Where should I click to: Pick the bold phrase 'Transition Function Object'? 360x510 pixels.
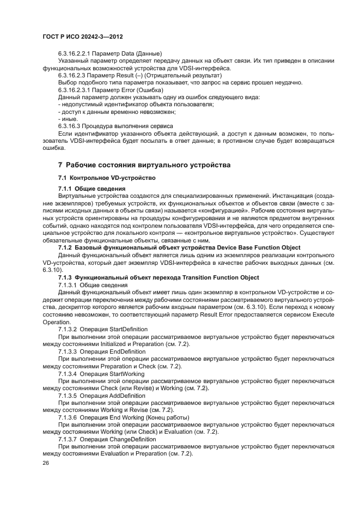tap(222, 277)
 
